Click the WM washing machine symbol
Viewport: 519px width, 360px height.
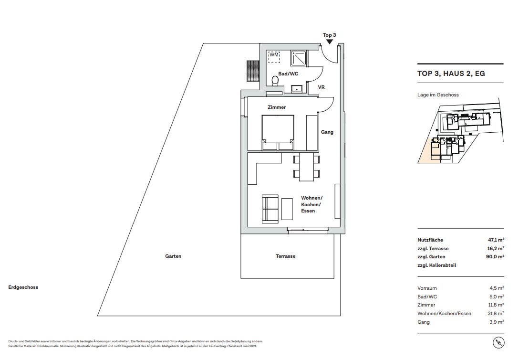(274, 57)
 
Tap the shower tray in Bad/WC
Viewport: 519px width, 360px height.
(300, 58)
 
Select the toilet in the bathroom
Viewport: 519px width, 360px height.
(275, 81)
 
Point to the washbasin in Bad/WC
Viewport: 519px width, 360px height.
(297, 88)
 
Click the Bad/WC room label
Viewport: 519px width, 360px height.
(288, 74)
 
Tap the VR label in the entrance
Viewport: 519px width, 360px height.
(321, 87)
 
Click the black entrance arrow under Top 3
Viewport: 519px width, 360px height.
(329, 42)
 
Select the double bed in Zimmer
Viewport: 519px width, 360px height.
(278, 132)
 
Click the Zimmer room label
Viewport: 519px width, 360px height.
(277, 107)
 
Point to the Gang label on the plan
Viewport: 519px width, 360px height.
(327, 132)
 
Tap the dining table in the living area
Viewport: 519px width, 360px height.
(307, 167)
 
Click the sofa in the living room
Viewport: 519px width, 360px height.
(270, 209)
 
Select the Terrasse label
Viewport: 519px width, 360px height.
(286, 256)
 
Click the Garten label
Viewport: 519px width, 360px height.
(173, 256)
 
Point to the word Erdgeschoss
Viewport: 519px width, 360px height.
(23, 287)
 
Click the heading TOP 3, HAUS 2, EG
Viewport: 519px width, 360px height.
(451, 74)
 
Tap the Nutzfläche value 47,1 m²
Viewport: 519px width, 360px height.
(496, 240)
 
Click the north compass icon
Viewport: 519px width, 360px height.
(498, 342)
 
